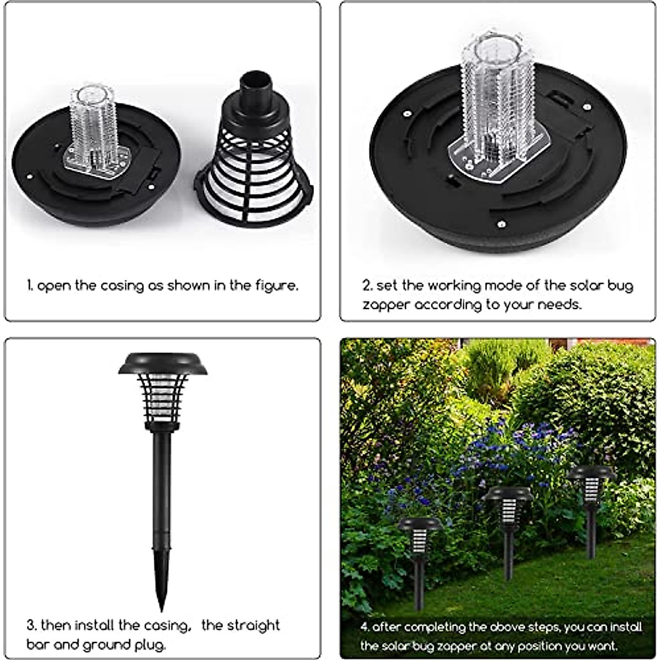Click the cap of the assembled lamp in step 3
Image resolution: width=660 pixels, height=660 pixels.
163,363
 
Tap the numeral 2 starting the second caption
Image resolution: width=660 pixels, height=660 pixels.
366,286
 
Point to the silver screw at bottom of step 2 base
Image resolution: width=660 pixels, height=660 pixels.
501,224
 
